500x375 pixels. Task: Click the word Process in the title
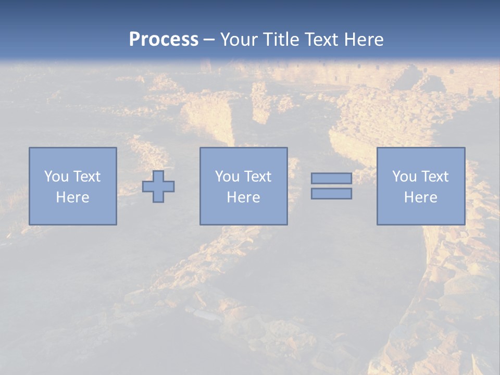(x=164, y=40)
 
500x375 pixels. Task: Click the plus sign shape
(x=158, y=186)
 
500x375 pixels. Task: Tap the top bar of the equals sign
(x=331, y=179)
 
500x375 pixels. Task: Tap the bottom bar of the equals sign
(x=331, y=194)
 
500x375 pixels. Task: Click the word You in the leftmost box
(x=56, y=177)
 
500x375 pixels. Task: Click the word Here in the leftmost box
(x=72, y=197)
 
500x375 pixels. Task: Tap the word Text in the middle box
(x=257, y=177)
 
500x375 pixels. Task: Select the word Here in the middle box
(x=243, y=197)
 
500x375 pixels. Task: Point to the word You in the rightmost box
(x=404, y=177)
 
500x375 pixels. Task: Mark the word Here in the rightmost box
(x=420, y=197)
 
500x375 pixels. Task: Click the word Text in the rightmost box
(x=434, y=177)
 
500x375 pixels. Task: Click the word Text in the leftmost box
(x=86, y=177)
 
